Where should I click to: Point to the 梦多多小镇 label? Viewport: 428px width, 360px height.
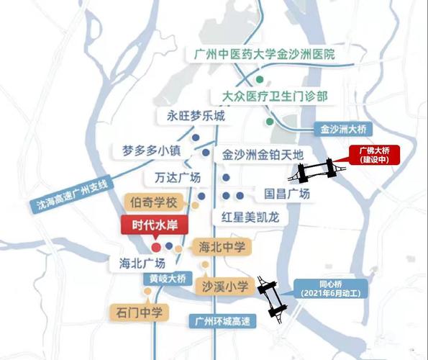point(150,151)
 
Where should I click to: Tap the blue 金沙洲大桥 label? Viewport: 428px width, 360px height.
point(343,130)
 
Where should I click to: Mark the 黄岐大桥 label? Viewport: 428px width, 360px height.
point(168,279)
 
